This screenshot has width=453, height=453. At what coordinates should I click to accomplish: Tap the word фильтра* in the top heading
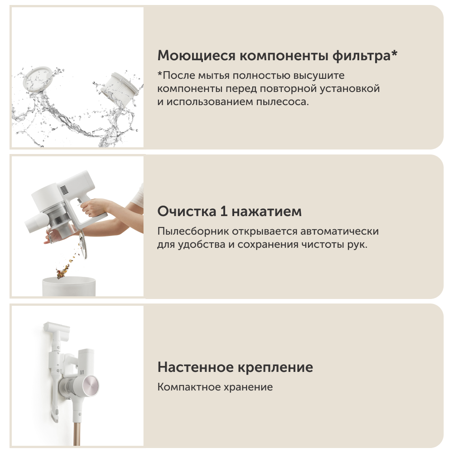click(x=365, y=55)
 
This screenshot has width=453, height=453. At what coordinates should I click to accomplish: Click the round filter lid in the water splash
click(x=37, y=78)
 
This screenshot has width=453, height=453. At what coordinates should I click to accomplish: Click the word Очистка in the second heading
click(x=187, y=212)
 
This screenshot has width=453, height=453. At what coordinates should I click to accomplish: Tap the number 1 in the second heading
click(x=224, y=212)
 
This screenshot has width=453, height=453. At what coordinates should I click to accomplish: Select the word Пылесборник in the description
click(x=193, y=231)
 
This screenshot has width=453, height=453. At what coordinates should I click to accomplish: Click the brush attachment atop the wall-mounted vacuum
click(x=57, y=328)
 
